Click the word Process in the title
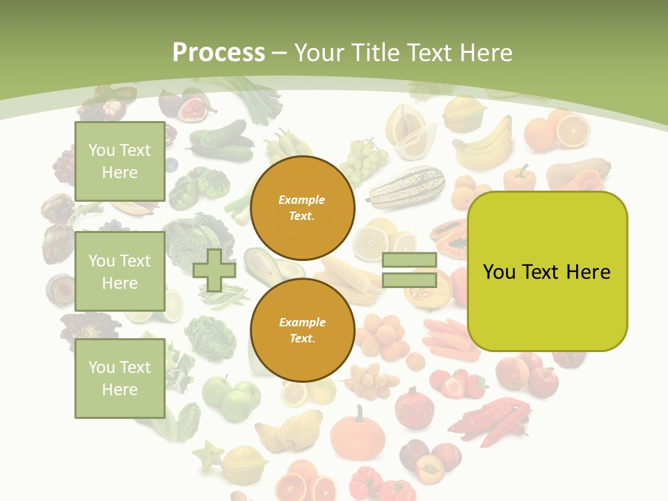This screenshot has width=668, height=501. [x=218, y=53]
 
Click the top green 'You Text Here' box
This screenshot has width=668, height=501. [x=120, y=161]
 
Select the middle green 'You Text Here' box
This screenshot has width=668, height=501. [x=120, y=271]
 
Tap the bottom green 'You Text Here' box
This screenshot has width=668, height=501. [x=120, y=378]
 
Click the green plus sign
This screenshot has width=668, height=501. [x=214, y=271]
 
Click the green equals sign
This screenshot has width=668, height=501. [x=409, y=271]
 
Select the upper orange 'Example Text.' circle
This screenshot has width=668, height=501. [x=302, y=208]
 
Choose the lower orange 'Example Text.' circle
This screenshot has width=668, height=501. [x=302, y=331]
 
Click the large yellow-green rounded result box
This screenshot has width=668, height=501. [x=547, y=271]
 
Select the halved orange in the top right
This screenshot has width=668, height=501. [x=572, y=130]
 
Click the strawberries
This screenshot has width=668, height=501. [x=459, y=383]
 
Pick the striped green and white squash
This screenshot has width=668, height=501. [x=406, y=187]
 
